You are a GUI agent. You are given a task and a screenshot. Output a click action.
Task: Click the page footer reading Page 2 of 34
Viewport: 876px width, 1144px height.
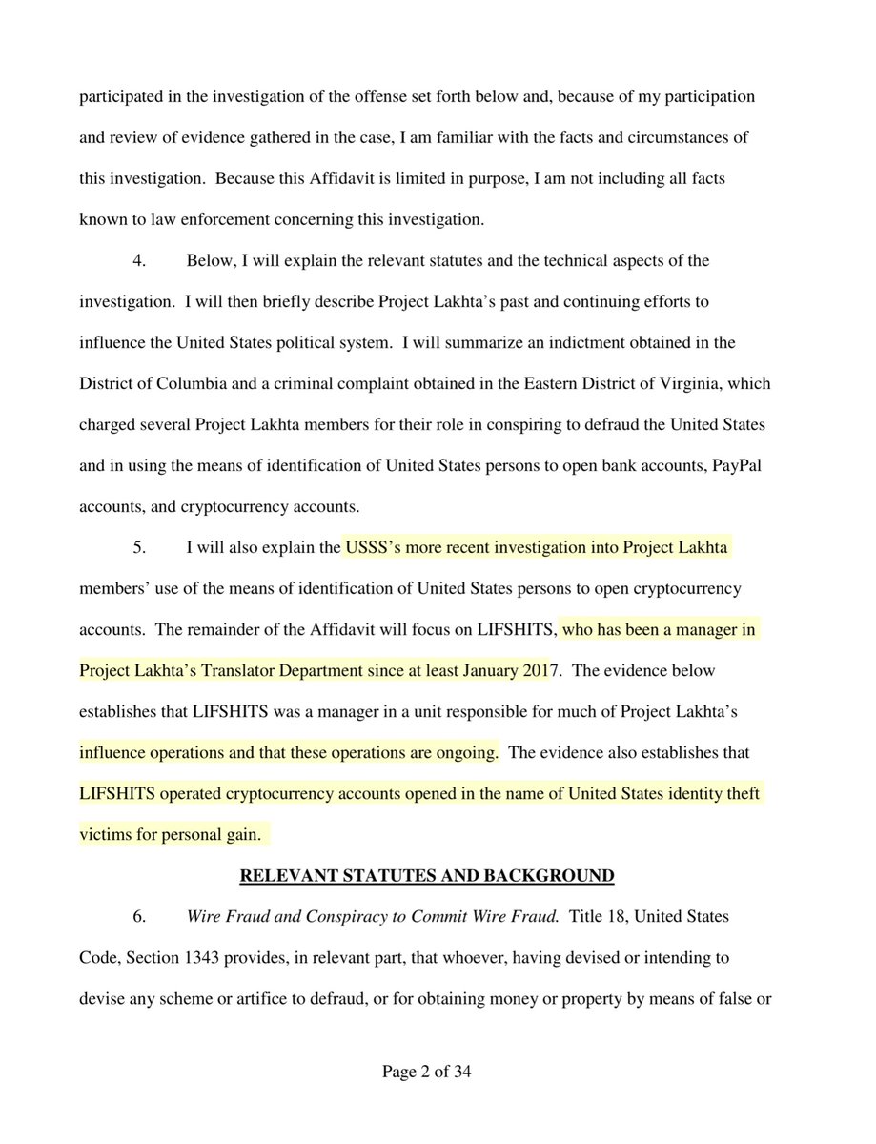tap(427, 1072)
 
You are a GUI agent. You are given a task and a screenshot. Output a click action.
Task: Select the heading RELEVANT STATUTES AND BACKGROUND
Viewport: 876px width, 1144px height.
tap(426, 874)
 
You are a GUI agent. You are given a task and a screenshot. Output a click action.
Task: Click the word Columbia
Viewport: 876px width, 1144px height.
tap(203, 383)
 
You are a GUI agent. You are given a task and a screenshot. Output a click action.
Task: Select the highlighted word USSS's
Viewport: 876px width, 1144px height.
tap(377, 547)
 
